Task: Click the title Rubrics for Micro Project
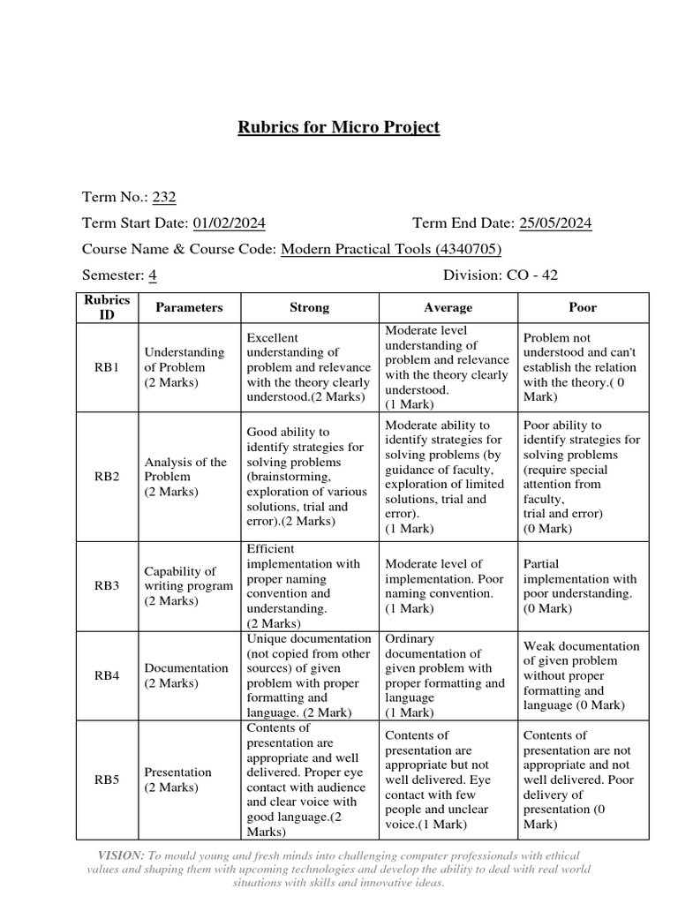click(338, 127)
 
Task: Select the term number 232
click(164, 198)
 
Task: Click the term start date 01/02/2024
click(229, 223)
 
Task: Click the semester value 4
click(153, 275)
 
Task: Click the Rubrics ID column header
click(107, 307)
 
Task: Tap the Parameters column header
click(189, 307)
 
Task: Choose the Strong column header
click(309, 307)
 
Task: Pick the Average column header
click(448, 307)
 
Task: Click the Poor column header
click(583, 307)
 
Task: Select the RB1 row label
click(107, 367)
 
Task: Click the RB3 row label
click(107, 586)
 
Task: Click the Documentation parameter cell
click(186, 675)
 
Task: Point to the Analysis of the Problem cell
click(185, 477)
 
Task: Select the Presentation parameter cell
click(178, 780)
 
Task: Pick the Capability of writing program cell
click(188, 586)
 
